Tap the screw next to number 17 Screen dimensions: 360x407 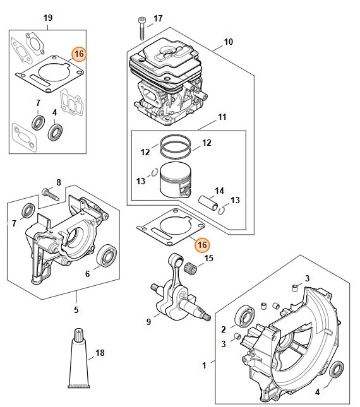142,28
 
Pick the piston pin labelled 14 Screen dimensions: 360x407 208,203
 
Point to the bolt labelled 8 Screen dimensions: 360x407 51,195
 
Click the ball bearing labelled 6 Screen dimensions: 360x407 107,256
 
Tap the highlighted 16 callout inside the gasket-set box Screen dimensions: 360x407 79,54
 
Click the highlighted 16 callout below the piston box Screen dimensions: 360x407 202,245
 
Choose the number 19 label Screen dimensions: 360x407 48,18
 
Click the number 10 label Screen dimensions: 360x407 228,42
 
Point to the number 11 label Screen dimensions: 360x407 222,117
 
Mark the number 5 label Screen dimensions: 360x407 76,310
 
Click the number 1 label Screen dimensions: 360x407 204,365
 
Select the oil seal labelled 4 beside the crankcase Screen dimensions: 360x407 337,369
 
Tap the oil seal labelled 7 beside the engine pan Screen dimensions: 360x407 28,210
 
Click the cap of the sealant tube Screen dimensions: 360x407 78,335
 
